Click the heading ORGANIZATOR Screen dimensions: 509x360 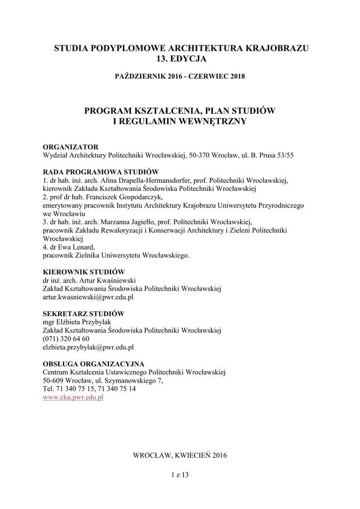70,147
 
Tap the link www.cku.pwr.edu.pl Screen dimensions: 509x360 73,398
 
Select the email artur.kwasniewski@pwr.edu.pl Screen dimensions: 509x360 88,297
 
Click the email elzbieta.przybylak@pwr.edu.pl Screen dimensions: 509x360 88,347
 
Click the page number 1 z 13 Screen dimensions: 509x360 180,475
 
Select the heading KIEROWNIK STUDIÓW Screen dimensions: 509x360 83,272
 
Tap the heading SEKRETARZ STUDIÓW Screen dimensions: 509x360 83,314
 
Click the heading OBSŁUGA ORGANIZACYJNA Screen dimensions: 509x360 93,364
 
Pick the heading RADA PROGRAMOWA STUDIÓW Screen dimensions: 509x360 100,171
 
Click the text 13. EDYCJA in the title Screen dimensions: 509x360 180,59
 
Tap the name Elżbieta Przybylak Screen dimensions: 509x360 83,322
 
